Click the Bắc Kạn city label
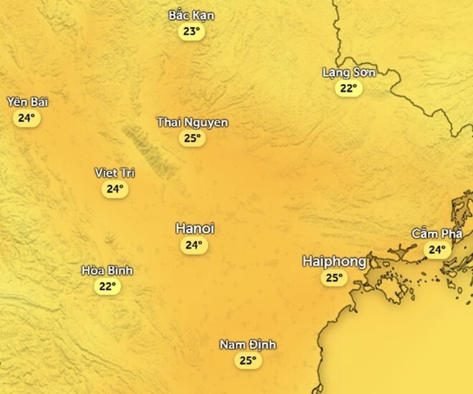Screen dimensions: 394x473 [191, 16]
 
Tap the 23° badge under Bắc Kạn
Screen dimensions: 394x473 [191, 32]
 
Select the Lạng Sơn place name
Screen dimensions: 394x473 [349, 72]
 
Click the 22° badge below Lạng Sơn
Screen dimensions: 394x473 [348, 88]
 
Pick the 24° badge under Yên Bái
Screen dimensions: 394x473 [27, 118]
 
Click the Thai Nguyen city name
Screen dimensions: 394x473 [192, 122]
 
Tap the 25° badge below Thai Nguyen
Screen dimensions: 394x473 [192, 138]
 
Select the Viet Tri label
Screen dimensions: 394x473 [115, 173]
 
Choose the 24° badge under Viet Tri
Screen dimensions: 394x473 [115, 189]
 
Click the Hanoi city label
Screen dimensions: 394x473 [194, 229]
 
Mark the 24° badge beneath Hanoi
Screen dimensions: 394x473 [193, 245]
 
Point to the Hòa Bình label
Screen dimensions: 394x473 [107, 271]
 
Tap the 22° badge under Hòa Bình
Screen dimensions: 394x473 [107, 287]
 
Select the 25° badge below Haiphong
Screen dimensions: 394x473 [334, 278]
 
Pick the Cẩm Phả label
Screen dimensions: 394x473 [436, 234]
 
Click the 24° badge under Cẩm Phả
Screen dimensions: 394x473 [436, 250]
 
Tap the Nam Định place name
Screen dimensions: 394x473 [247, 345]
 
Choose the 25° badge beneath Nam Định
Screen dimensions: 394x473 [247, 361]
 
